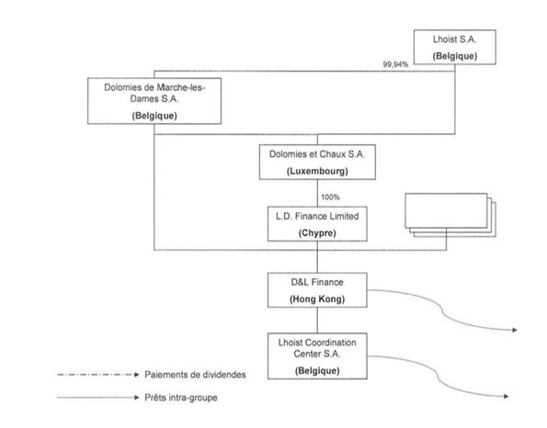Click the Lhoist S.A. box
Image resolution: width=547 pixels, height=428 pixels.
click(454, 47)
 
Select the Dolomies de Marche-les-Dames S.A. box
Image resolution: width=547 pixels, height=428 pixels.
click(154, 101)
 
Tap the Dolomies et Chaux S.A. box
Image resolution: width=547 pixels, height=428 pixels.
click(317, 162)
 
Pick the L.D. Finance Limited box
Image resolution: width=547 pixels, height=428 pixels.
click(317, 224)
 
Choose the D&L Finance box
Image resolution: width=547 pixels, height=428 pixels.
click(317, 290)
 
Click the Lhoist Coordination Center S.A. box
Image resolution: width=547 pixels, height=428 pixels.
click(317, 355)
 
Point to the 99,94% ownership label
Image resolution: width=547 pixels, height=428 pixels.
click(395, 64)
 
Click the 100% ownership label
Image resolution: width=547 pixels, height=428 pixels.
click(330, 197)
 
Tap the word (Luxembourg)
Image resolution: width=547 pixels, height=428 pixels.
click(317, 171)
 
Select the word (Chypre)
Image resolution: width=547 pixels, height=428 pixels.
click(317, 232)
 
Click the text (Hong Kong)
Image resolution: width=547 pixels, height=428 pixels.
click(317, 299)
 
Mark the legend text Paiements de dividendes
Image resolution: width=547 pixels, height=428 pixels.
click(195, 375)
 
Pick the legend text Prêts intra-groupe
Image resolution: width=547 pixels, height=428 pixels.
click(181, 398)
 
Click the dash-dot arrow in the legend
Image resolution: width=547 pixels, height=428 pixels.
click(98, 375)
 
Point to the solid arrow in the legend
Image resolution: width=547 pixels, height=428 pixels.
click(98, 398)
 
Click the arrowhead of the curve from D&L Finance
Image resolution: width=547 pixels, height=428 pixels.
click(515, 330)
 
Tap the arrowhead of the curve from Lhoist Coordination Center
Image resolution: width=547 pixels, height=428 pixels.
click(507, 396)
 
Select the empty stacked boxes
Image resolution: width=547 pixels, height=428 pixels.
click(450, 215)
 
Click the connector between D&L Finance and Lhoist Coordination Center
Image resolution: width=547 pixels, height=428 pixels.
click(317, 321)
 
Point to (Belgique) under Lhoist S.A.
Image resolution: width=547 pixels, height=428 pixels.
click(454, 56)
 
